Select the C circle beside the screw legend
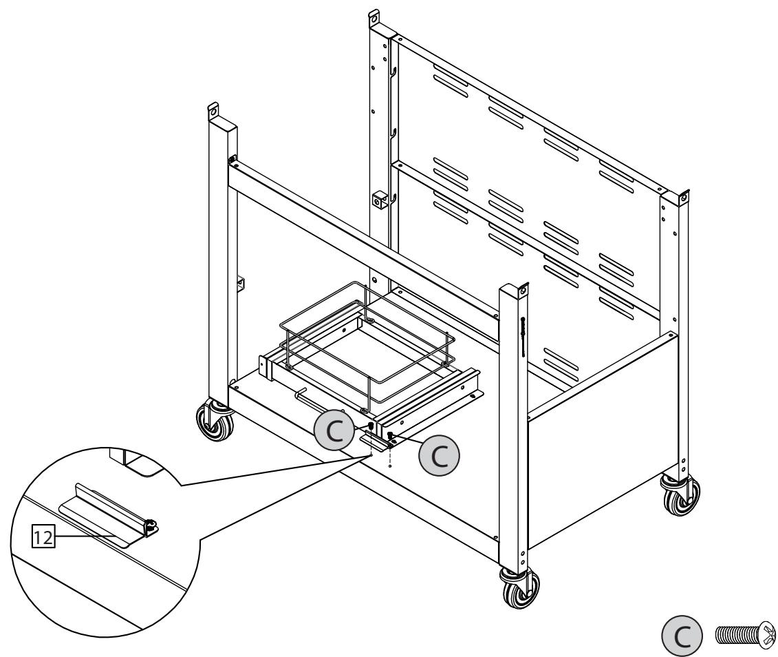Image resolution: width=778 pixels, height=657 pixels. pos(680,632)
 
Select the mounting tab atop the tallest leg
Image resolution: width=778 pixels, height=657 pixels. pos(375,14)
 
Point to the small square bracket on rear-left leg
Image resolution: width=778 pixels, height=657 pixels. pos(379,200)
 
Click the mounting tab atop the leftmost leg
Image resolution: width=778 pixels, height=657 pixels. pos(214,110)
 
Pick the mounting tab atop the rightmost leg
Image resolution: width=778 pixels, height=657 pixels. pos(682,196)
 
